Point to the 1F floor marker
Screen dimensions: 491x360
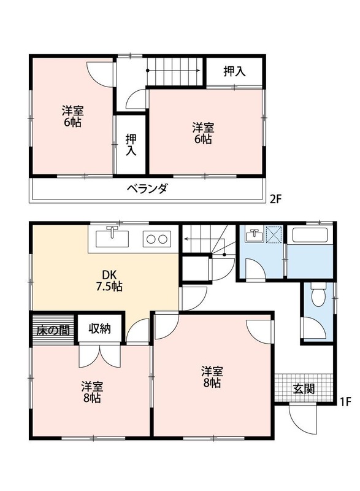pos(345,402)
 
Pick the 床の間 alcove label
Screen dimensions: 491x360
pos(52,330)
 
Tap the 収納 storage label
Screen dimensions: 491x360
pos(99,329)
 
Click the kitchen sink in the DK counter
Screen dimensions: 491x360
pos(112,236)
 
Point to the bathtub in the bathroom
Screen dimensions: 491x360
pos(310,236)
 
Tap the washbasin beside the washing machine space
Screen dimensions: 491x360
pos(253,234)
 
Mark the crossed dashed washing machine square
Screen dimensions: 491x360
pos(273,235)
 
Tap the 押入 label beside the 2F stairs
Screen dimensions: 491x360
pos(234,71)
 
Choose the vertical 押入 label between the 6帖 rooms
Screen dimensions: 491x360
pos(131,144)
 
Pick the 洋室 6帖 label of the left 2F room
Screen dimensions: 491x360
pos(72,117)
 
